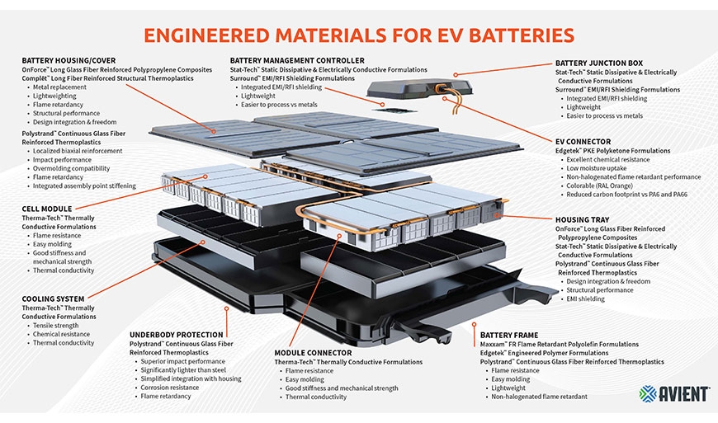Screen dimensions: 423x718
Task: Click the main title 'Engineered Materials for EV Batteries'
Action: tap(358, 35)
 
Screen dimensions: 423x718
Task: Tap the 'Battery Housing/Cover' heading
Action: tap(68, 61)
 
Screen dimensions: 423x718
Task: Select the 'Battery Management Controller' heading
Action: tap(297, 61)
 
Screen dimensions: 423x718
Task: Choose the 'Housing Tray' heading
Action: tap(585, 220)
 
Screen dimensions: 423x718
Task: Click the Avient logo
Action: tap(673, 394)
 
